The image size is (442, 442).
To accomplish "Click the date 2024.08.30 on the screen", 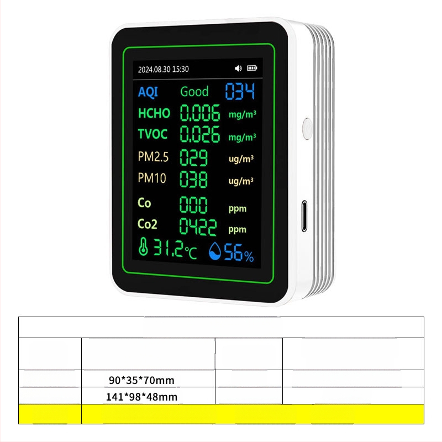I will (x=154, y=69).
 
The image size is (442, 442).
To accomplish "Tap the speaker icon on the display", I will (x=238, y=69).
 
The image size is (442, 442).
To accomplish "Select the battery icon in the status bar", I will (x=252, y=69).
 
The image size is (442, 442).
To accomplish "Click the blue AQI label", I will (x=148, y=92).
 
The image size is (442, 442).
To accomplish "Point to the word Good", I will (x=194, y=92).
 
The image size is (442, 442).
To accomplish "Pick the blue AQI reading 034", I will (x=239, y=92).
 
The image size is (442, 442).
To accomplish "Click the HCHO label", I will (x=154, y=113).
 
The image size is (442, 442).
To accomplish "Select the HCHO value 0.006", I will (x=200, y=113).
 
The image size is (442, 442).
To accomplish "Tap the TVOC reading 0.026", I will (x=200, y=134).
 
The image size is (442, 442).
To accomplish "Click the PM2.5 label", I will (x=152, y=157).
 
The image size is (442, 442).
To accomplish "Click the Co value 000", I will (x=194, y=204).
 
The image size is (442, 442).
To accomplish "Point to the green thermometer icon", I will (x=144, y=249).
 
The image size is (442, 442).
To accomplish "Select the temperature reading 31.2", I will (x=168, y=250).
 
